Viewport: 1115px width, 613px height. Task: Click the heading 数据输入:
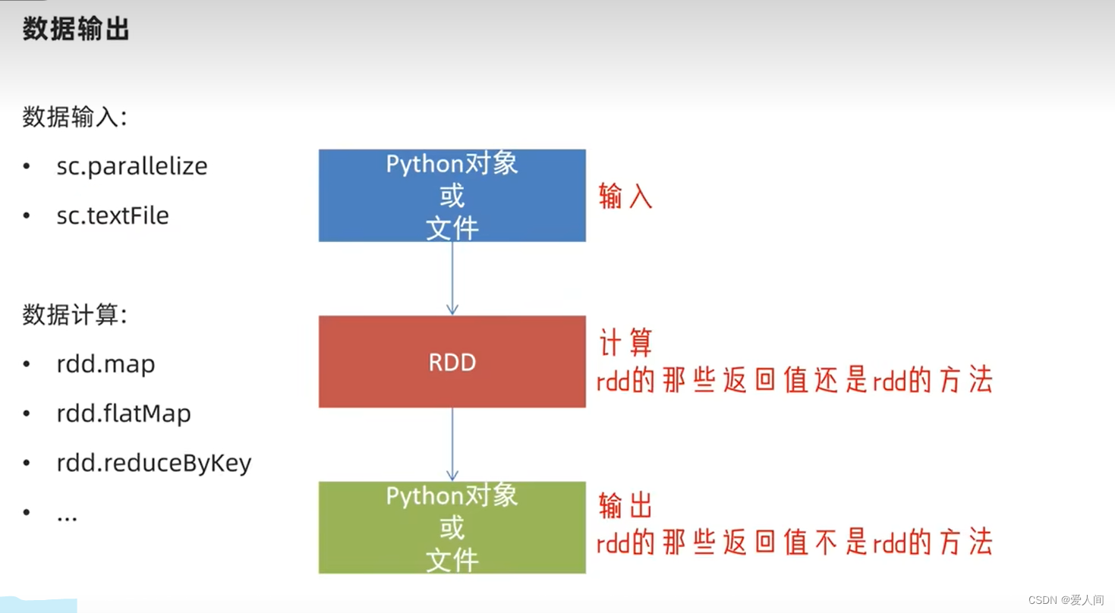(x=74, y=118)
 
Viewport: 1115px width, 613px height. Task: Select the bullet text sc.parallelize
(x=131, y=166)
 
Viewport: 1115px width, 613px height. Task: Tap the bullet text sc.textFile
(x=112, y=215)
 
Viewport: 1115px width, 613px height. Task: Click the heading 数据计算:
(x=74, y=315)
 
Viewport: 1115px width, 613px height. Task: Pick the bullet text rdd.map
(x=106, y=364)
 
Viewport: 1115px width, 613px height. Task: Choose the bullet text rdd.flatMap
(x=124, y=413)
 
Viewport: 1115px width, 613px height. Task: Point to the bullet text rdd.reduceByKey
(x=153, y=463)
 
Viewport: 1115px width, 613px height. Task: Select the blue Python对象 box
(x=452, y=196)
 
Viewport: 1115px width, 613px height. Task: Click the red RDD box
(x=452, y=362)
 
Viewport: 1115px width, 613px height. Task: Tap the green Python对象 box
(x=452, y=527)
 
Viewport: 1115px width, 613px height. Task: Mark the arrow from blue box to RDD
(x=452, y=278)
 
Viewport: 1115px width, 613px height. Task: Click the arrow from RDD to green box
(x=452, y=444)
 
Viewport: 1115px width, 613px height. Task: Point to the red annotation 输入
(x=625, y=196)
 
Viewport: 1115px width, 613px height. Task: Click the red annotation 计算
(x=625, y=344)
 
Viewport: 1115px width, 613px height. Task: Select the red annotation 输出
(x=625, y=506)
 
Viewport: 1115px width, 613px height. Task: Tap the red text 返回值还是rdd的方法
(x=794, y=380)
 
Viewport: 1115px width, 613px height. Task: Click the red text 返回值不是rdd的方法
(x=794, y=542)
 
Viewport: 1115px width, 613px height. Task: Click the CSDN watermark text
(x=1066, y=600)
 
